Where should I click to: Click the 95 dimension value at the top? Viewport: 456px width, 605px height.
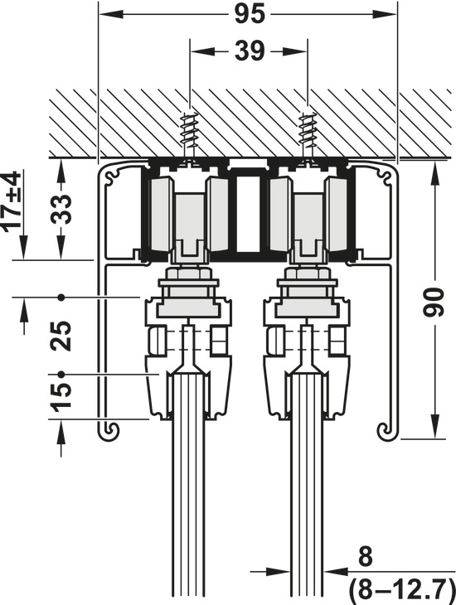[250, 15]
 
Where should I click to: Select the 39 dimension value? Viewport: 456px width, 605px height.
[250, 51]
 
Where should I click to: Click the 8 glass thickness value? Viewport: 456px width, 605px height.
[366, 557]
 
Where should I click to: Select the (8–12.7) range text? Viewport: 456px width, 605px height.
[402, 588]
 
